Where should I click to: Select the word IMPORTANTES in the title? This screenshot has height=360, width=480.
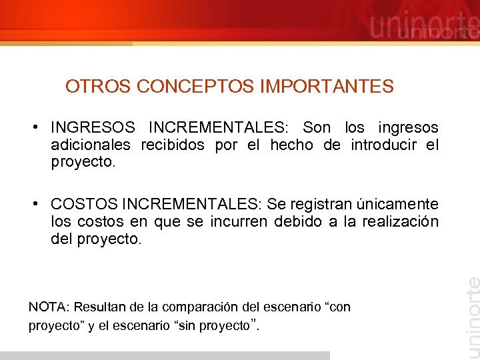(327, 87)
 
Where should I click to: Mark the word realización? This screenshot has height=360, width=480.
(400, 221)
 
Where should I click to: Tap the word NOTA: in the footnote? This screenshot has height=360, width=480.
(49, 307)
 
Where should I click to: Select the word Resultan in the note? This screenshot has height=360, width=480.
(98, 307)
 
